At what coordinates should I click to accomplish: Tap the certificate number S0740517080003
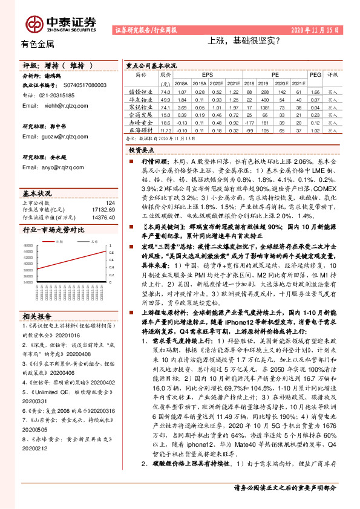click(82, 85)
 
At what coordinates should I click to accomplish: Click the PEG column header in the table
click(315, 74)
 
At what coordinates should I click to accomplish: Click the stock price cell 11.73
click(166, 129)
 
